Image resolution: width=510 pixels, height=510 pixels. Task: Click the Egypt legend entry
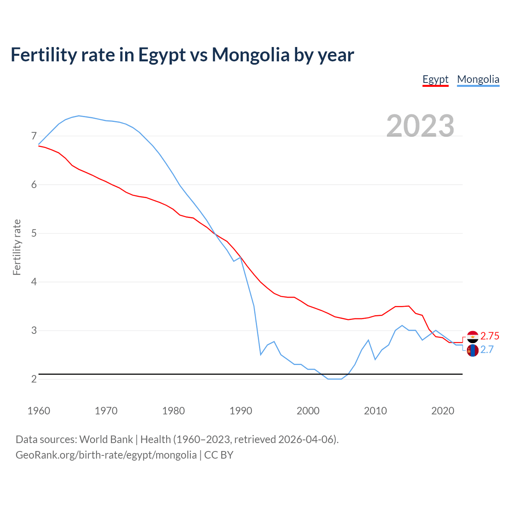click(435, 79)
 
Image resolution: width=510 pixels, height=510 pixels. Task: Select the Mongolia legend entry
click(478, 79)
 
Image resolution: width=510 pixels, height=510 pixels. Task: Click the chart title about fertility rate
click(182, 55)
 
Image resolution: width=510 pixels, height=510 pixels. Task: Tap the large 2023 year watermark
click(420, 126)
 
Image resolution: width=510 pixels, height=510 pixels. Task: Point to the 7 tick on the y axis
click(34, 136)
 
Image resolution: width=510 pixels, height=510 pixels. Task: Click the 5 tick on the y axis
click(34, 233)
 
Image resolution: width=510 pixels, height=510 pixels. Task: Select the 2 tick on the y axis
click(34, 379)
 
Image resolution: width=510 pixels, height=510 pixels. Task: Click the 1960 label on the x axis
click(39, 411)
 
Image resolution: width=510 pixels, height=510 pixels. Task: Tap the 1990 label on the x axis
click(241, 411)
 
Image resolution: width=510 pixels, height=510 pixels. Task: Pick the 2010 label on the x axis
click(375, 411)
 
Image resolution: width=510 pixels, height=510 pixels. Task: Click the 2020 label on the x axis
click(443, 411)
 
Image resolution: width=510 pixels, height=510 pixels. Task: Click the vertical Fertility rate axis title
click(17, 247)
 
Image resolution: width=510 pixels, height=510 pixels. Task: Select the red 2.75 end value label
click(490, 336)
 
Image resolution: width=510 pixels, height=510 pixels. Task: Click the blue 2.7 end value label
click(487, 349)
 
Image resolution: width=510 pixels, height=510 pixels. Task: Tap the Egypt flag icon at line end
click(473, 337)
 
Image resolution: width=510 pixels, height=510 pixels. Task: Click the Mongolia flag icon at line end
click(473, 351)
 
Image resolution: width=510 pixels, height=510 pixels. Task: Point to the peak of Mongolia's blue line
click(79, 116)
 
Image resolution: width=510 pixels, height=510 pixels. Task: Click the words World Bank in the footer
click(106, 439)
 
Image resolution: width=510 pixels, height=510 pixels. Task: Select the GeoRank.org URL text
click(106, 455)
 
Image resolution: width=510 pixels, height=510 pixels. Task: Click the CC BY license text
click(219, 455)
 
